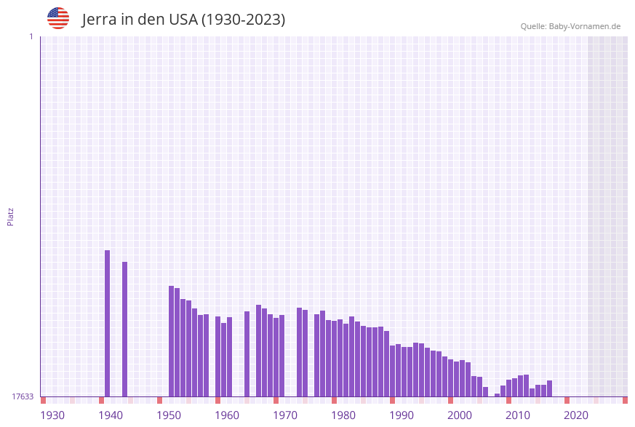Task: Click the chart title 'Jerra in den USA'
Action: (183, 20)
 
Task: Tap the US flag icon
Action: (58, 18)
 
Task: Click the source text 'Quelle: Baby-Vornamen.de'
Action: (570, 26)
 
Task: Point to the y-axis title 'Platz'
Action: (11, 216)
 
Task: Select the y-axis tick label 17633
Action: (23, 396)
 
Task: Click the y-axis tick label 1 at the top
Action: (31, 36)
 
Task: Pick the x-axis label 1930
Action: (52, 415)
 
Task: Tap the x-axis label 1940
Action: (111, 415)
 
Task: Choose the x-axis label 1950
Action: (169, 415)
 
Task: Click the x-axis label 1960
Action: (227, 415)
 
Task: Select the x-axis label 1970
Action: (285, 415)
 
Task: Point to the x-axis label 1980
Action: (343, 415)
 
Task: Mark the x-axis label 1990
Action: (402, 415)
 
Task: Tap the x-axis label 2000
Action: (460, 415)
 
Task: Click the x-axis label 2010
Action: (518, 415)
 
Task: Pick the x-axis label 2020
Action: (576, 415)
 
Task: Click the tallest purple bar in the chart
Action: (108, 323)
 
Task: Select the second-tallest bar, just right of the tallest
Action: (125, 329)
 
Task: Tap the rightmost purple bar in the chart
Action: (550, 388)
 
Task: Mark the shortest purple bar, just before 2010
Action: (498, 395)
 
